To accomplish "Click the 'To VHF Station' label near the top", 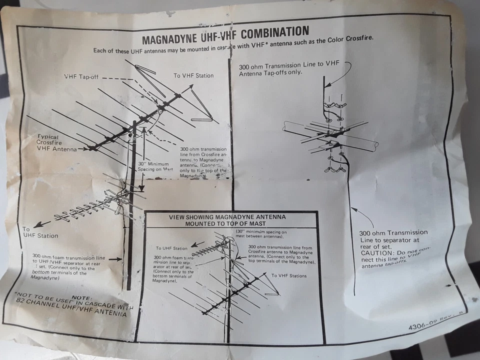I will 193,75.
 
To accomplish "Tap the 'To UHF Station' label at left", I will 40,232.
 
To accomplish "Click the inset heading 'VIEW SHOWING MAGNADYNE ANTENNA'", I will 227,217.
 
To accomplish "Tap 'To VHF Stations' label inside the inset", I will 288,275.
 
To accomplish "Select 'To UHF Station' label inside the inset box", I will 171,248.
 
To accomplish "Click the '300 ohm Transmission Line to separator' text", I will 393,236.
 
